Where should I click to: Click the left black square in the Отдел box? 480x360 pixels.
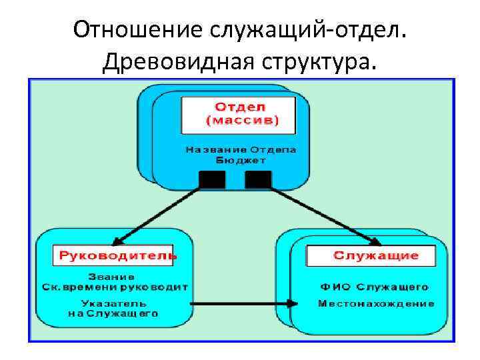pos(212,179)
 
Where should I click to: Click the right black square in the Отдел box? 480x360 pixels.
pos(258,179)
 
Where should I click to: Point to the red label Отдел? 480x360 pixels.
pos(240,107)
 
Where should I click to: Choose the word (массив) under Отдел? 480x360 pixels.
pos(241,121)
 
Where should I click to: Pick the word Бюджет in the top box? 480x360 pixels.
pos(241,160)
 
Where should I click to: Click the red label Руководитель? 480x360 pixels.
pos(118,255)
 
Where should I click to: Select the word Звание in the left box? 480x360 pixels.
pos(113,276)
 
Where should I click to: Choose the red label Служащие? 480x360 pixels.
pos(376,255)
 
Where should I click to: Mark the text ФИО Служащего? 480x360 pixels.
pos(374,287)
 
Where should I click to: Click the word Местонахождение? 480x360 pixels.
pos(376,303)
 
